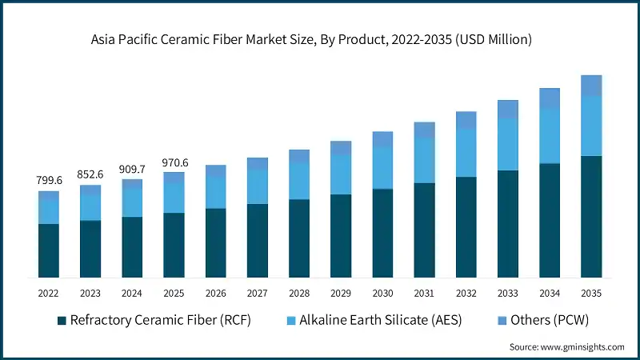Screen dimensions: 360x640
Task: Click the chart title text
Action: coord(320,38)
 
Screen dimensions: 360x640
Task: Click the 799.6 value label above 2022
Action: coord(48,181)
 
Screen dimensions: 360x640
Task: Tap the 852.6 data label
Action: coord(90,174)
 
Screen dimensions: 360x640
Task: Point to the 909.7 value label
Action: coord(132,169)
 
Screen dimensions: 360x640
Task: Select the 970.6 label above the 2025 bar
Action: coord(174,162)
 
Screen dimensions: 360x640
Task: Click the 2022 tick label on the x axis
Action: coord(48,294)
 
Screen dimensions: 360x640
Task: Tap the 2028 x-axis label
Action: coord(298,294)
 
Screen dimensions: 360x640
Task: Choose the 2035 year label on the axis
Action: coord(591,294)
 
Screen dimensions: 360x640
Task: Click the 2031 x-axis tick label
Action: coord(424,294)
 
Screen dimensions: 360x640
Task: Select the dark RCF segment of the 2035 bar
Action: coord(591,216)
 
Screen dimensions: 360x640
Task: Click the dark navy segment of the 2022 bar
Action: coord(48,250)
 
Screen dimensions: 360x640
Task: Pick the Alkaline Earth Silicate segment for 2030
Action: coord(382,168)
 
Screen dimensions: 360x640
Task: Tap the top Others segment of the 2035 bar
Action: coord(591,86)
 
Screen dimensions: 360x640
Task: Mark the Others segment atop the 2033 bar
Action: coord(508,110)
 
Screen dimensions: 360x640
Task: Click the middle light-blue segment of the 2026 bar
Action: coord(215,192)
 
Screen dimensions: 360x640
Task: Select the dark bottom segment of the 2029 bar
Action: coord(341,235)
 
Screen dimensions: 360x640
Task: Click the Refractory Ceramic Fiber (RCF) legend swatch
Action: coord(62,321)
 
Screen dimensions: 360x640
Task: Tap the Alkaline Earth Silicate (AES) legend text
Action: coord(373,321)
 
